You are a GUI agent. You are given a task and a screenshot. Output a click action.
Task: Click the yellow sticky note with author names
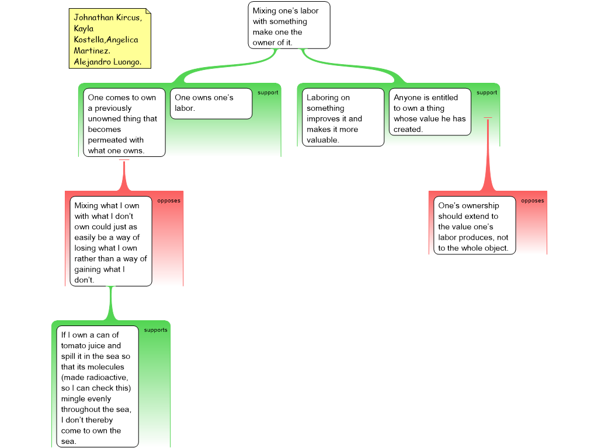click(110, 38)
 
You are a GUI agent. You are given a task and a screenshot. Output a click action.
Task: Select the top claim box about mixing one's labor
click(289, 25)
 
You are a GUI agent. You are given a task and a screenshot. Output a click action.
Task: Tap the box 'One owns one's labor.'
click(211, 104)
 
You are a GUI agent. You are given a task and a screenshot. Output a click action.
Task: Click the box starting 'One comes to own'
click(124, 123)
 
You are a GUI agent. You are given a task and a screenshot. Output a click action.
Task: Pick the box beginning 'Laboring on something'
click(343, 117)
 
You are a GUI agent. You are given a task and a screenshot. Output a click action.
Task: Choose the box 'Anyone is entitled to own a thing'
click(430, 112)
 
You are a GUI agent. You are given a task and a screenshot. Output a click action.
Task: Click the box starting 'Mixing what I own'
click(111, 241)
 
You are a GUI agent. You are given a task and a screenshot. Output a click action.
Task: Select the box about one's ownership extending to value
click(475, 225)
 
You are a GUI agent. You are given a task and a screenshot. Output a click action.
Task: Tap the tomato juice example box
click(98, 386)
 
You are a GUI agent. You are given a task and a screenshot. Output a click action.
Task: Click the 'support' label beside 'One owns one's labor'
click(267, 93)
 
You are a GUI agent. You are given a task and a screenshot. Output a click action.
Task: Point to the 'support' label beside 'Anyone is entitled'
click(486, 93)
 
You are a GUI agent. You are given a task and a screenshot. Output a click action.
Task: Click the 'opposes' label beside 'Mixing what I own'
click(169, 201)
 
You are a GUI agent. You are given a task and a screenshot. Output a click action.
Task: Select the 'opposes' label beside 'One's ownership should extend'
click(533, 201)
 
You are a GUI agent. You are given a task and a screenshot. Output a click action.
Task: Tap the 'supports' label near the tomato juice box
click(155, 330)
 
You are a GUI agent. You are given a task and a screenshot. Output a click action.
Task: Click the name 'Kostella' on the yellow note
click(89, 40)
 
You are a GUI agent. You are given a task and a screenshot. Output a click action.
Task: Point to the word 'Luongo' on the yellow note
click(126, 62)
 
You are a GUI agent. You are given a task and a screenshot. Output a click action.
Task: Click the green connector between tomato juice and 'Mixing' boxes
click(111, 303)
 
